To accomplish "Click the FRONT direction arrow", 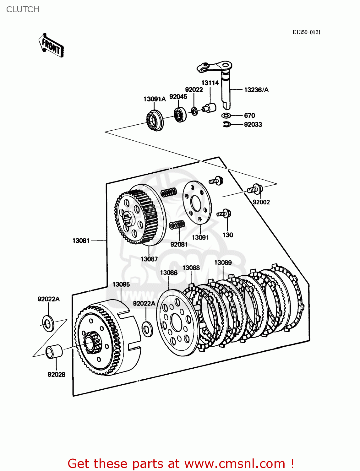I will point(51,46).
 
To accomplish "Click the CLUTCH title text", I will point(23,9).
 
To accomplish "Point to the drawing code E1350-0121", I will point(306,32).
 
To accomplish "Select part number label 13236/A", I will point(256,90).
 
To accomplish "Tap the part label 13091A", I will point(154,99).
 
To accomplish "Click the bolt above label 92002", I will point(255,189).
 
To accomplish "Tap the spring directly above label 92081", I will point(177,225).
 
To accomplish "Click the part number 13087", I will point(149,259).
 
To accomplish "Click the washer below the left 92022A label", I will point(48,324).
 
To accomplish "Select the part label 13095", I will point(121,284).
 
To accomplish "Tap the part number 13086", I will point(169,273).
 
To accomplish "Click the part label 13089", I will point(223,263).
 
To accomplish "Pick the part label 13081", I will point(81,241).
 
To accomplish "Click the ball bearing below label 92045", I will point(180,115).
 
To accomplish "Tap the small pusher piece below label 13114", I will point(209,107).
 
